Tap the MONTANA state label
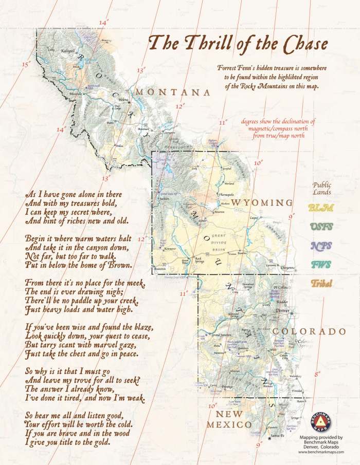coord(173,92)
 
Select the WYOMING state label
coord(262,202)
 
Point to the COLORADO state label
coord(309,331)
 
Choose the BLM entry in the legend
coord(321,208)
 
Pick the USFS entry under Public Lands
coord(321,227)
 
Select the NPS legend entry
coord(321,246)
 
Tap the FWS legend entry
coord(321,265)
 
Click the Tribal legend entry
coord(321,284)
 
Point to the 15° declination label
coord(26,64)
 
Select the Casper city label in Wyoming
coord(253,218)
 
